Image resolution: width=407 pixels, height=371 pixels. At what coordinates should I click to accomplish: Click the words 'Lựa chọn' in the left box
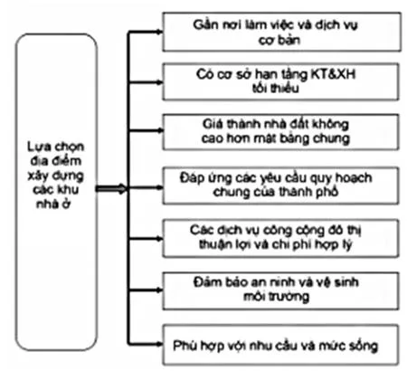pyautogui.click(x=56, y=147)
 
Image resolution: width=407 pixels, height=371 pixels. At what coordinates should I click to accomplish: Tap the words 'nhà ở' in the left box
pyautogui.click(x=53, y=205)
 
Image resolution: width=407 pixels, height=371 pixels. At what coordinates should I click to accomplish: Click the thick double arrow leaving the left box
pyautogui.click(x=111, y=189)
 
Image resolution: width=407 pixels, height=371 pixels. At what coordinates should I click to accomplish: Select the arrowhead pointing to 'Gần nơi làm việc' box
pyautogui.click(x=158, y=32)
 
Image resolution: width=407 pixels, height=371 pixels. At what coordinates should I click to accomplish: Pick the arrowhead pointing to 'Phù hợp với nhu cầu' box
pyautogui.click(x=158, y=344)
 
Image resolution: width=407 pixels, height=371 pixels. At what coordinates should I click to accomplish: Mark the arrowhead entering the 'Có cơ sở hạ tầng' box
pyautogui.click(x=158, y=81)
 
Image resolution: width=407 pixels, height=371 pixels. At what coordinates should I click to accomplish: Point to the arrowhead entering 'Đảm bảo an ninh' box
pyautogui.click(x=158, y=290)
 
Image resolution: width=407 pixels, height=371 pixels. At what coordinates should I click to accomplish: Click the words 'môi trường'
pyautogui.click(x=277, y=297)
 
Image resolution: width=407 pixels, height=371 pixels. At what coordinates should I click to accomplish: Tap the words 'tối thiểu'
pyautogui.click(x=276, y=89)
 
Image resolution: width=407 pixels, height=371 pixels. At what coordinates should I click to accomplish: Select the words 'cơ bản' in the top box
pyautogui.click(x=279, y=40)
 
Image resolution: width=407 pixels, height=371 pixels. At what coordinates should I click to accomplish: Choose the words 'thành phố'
pyautogui.click(x=306, y=192)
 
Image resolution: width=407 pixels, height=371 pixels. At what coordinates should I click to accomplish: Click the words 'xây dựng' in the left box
pyautogui.click(x=56, y=176)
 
